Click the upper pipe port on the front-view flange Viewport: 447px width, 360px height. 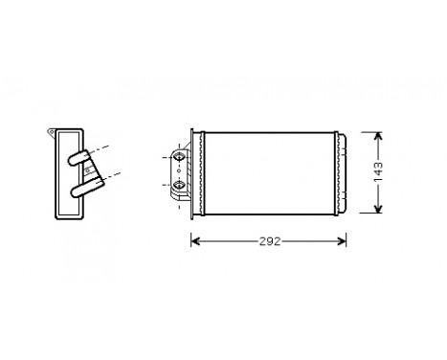[179, 155]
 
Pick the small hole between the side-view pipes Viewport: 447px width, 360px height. [88, 169]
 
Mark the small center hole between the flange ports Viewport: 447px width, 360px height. [179, 169]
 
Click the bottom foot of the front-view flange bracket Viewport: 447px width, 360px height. [180, 200]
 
